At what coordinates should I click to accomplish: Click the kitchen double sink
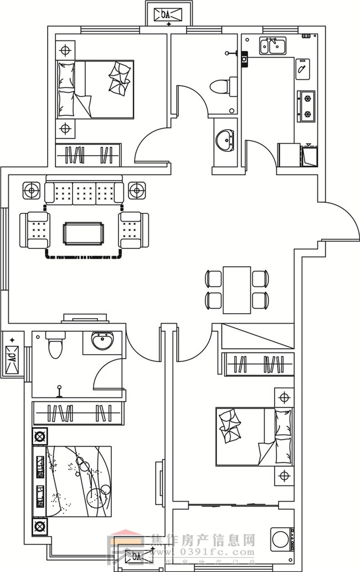point(272,47)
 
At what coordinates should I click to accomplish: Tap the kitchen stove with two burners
point(306,106)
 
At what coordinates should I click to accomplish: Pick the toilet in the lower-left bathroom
point(55,345)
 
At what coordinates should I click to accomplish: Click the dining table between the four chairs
point(236,289)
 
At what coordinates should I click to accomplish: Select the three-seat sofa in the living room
point(84,192)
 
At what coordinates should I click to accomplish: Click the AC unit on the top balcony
point(167,14)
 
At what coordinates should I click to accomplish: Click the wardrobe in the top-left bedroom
point(88,155)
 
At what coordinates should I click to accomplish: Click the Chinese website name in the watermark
point(203,539)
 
